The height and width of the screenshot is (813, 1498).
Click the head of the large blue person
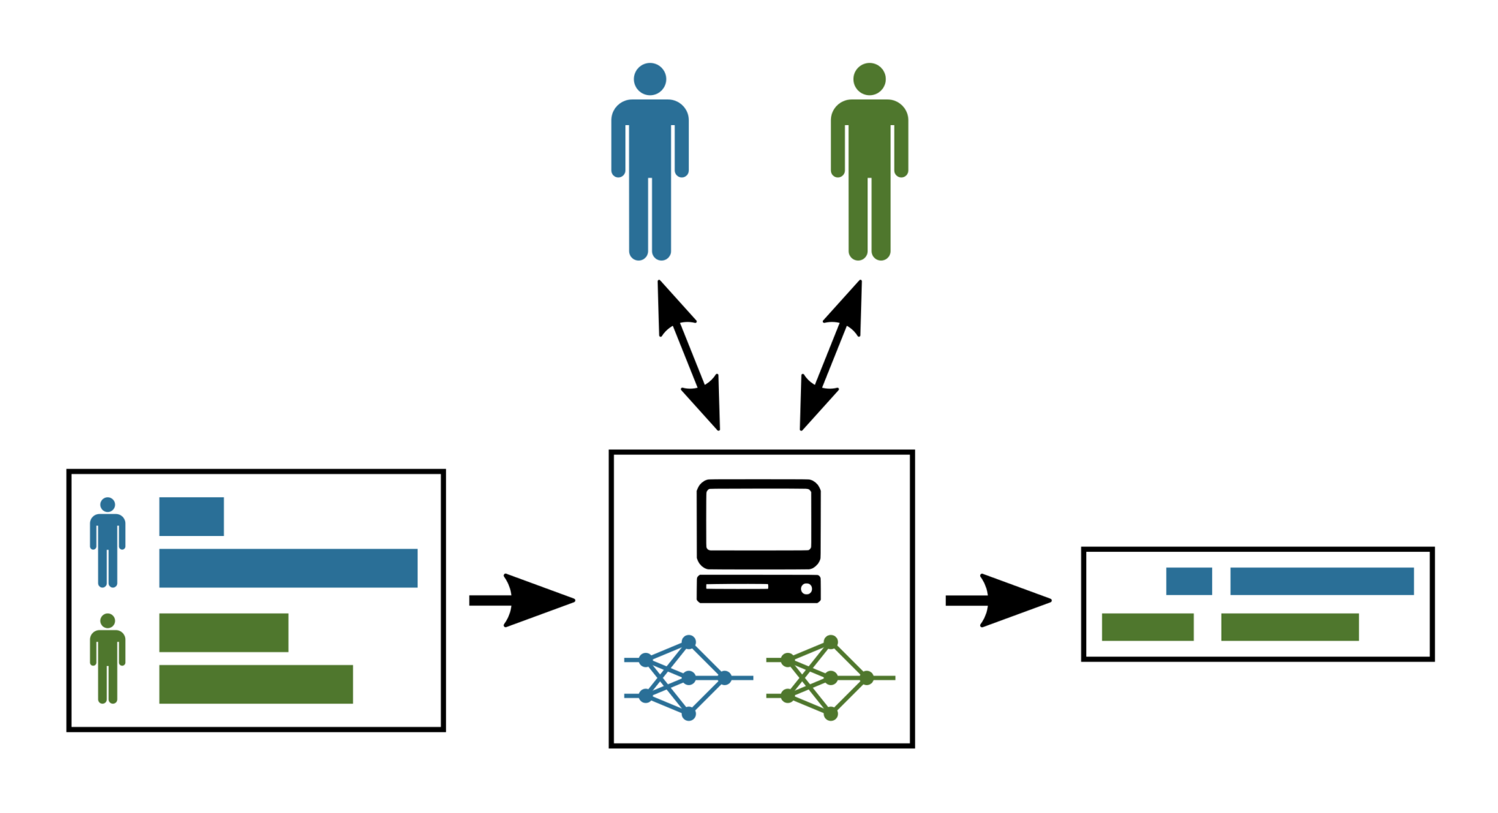click(650, 79)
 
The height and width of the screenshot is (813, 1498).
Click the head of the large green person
click(869, 79)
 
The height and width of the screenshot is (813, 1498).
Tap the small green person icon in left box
click(108, 659)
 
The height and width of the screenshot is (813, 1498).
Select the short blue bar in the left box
click(192, 516)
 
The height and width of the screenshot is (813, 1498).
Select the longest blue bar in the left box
click(288, 568)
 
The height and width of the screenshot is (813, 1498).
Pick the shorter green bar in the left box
click(224, 632)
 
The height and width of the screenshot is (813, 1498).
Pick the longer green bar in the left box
click(256, 684)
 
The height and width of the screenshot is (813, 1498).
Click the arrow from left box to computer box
click(522, 600)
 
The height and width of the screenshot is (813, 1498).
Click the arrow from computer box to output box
click(998, 600)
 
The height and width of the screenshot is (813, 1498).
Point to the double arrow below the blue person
click(688, 355)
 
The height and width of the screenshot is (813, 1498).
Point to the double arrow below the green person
click(831, 355)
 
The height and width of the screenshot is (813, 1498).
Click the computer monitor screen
click(759, 519)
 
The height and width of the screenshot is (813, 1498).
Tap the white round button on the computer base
click(806, 589)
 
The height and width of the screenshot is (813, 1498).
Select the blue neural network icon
click(688, 678)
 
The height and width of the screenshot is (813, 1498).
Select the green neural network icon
click(829, 678)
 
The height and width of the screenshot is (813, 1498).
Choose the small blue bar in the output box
click(1189, 581)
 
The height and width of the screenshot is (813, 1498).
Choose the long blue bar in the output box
click(1322, 581)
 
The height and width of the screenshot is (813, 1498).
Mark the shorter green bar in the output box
click(1148, 627)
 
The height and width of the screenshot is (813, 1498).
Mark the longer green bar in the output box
click(1290, 627)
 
